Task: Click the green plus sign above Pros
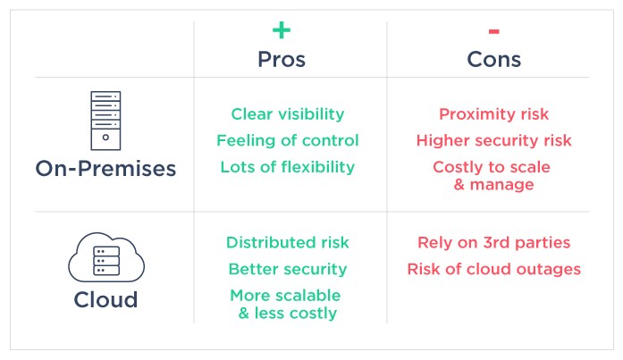click(x=282, y=30)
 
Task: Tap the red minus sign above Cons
click(x=494, y=31)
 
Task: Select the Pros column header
click(x=282, y=60)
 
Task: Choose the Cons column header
click(x=494, y=60)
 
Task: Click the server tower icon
click(x=105, y=121)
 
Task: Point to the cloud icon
click(x=106, y=256)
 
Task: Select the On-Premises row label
click(x=105, y=168)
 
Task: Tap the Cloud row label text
click(x=105, y=299)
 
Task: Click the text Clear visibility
click(x=288, y=114)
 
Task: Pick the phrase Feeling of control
click(x=288, y=140)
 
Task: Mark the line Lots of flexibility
click(x=288, y=167)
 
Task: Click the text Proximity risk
click(x=494, y=114)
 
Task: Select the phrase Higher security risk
click(x=494, y=140)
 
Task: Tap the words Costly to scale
click(x=492, y=167)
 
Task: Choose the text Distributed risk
click(x=288, y=242)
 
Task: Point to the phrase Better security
click(x=288, y=269)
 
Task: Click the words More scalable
click(x=285, y=296)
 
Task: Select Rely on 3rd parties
click(x=494, y=242)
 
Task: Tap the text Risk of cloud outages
click(x=494, y=269)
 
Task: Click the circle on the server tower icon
click(x=105, y=138)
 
